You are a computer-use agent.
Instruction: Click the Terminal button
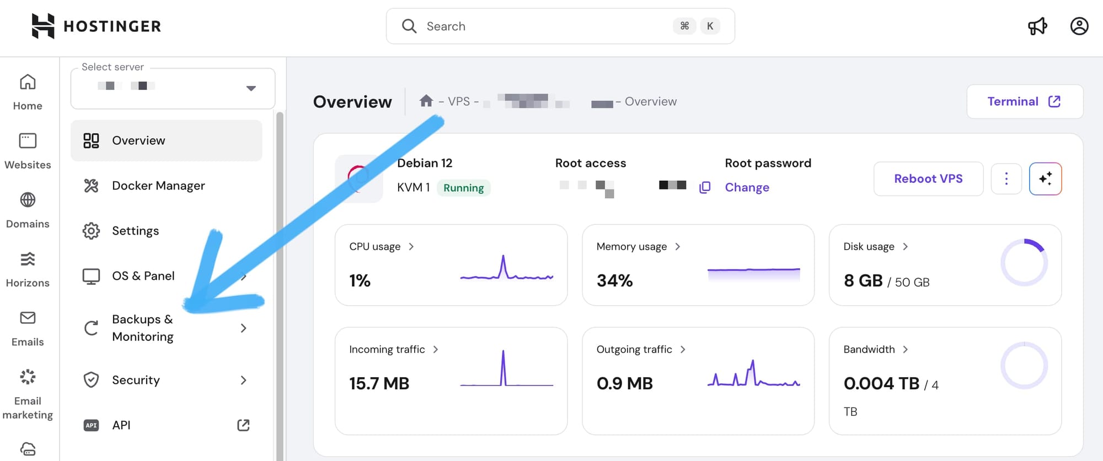[1024, 101]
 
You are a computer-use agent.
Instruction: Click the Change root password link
[747, 187]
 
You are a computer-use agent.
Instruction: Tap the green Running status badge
[463, 188]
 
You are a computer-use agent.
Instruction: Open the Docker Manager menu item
[158, 186]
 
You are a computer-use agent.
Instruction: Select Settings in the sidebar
[135, 231]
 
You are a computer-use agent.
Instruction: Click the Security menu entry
[136, 380]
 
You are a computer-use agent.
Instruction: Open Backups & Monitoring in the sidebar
[142, 328]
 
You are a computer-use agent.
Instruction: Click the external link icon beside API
[243, 425]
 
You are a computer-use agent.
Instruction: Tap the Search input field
[546, 26]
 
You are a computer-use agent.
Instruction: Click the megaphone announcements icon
[1037, 26]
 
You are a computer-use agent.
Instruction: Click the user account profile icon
[1079, 26]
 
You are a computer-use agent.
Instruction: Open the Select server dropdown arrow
[251, 88]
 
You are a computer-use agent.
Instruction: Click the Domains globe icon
[28, 200]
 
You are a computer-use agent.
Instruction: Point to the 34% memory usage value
[614, 281]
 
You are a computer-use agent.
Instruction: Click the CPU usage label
[374, 247]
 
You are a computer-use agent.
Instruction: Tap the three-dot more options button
[1006, 178]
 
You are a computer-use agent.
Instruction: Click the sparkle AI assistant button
[1045, 178]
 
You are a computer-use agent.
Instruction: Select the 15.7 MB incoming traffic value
[379, 383]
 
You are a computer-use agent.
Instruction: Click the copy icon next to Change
[704, 187]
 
